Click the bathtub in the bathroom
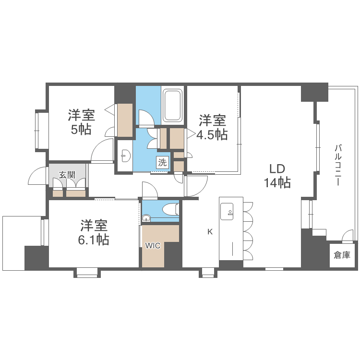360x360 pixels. (172, 106)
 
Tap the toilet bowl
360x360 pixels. (170, 209)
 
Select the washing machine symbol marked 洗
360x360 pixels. (162, 163)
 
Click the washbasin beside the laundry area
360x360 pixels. (125, 156)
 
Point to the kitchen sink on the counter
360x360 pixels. (227, 211)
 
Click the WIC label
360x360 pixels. (153, 246)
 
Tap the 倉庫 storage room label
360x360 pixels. (342, 255)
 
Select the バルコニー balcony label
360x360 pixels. (338, 165)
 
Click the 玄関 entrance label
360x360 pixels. (67, 175)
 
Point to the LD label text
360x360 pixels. (277, 169)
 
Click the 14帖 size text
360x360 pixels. (277, 183)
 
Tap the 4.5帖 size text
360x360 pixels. (212, 134)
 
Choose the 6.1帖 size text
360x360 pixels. (94, 240)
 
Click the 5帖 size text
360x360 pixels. (81, 130)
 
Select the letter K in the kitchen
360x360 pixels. (210, 232)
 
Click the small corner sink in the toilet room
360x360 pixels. (146, 218)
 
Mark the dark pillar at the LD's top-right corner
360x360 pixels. (314, 92)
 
